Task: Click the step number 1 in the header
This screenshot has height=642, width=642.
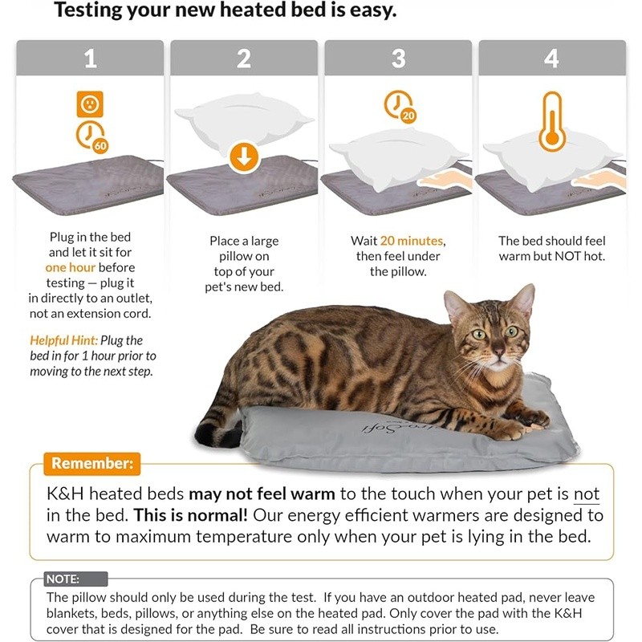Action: pyautogui.click(x=90, y=59)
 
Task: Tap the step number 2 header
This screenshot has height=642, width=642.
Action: pyautogui.click(x=244, y=59)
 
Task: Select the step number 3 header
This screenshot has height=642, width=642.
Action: pyautogui.click(x=398, y=59)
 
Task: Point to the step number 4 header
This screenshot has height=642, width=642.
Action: pyautogui.click(x=551, y=59)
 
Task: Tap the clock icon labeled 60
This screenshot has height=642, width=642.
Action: pyautogui.click(x=91, y=137)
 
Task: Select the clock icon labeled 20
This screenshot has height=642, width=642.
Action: pyautogui.click(x=400, y=107)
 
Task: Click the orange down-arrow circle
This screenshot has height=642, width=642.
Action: pyautogui.click(x=244, y=156)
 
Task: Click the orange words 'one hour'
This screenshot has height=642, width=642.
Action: pyautogui.click(x=71, y=268)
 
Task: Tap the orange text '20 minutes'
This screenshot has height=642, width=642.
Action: pyautogui.click(x=412, y=241)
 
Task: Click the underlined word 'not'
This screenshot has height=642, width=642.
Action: pyautogui.click(x=586, y=494)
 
